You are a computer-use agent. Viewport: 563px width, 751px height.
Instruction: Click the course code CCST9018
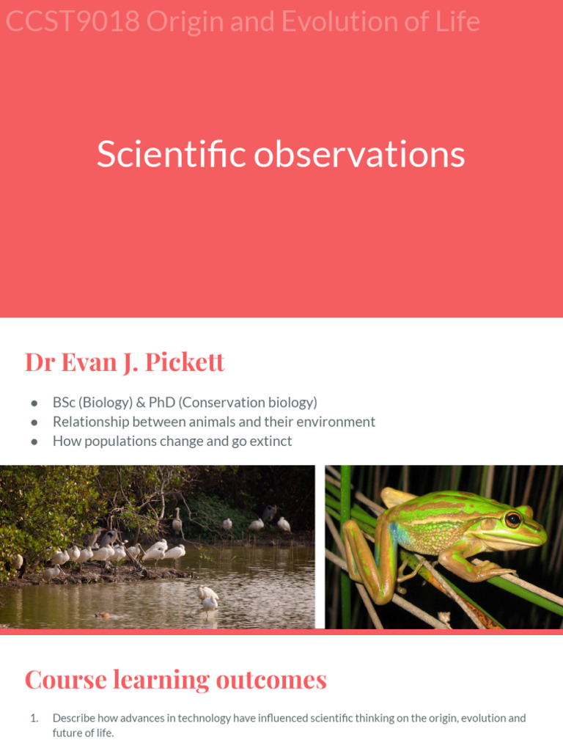(x=73, y=22)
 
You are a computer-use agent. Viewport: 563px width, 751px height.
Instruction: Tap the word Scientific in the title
(x=172, y=155)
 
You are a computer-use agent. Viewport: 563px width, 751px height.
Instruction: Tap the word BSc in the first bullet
(x=65, y=403)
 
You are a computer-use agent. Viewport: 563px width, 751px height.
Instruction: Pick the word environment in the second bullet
(x=334, y=422)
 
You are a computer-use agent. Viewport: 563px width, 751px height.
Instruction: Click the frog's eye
(x=512, y=520)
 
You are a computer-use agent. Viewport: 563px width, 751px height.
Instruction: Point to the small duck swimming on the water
(x=102, y=615)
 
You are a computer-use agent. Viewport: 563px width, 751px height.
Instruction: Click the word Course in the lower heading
(x=66, y=680)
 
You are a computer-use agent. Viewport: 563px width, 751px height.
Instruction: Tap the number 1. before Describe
(x=34, y=718)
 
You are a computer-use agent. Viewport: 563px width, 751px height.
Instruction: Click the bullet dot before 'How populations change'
(x=34, y=442)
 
